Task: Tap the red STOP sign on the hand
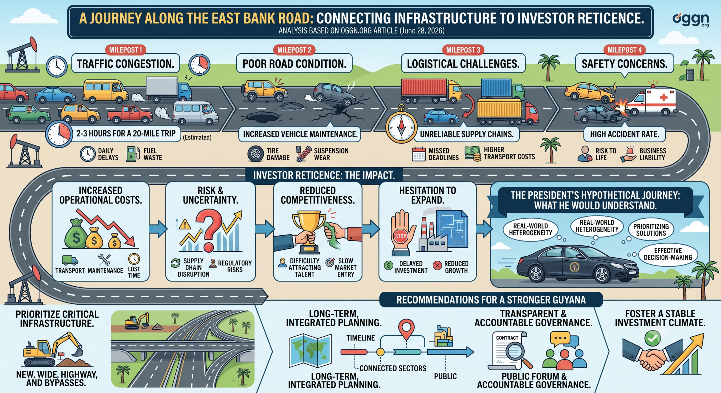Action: (x=400, y=236)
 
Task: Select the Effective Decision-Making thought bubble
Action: (x=668, y=254)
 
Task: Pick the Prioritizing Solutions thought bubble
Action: (x=651, y=230)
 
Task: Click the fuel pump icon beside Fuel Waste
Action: (x=133, y=154)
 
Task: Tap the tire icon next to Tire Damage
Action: (x=255, y=154)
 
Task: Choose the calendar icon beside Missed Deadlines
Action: (x=419, y=154)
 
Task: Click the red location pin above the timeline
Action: (x=406, y=329)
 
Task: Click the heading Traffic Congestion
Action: (x=126, y=64)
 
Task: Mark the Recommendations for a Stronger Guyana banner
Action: (x=491, y=300)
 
